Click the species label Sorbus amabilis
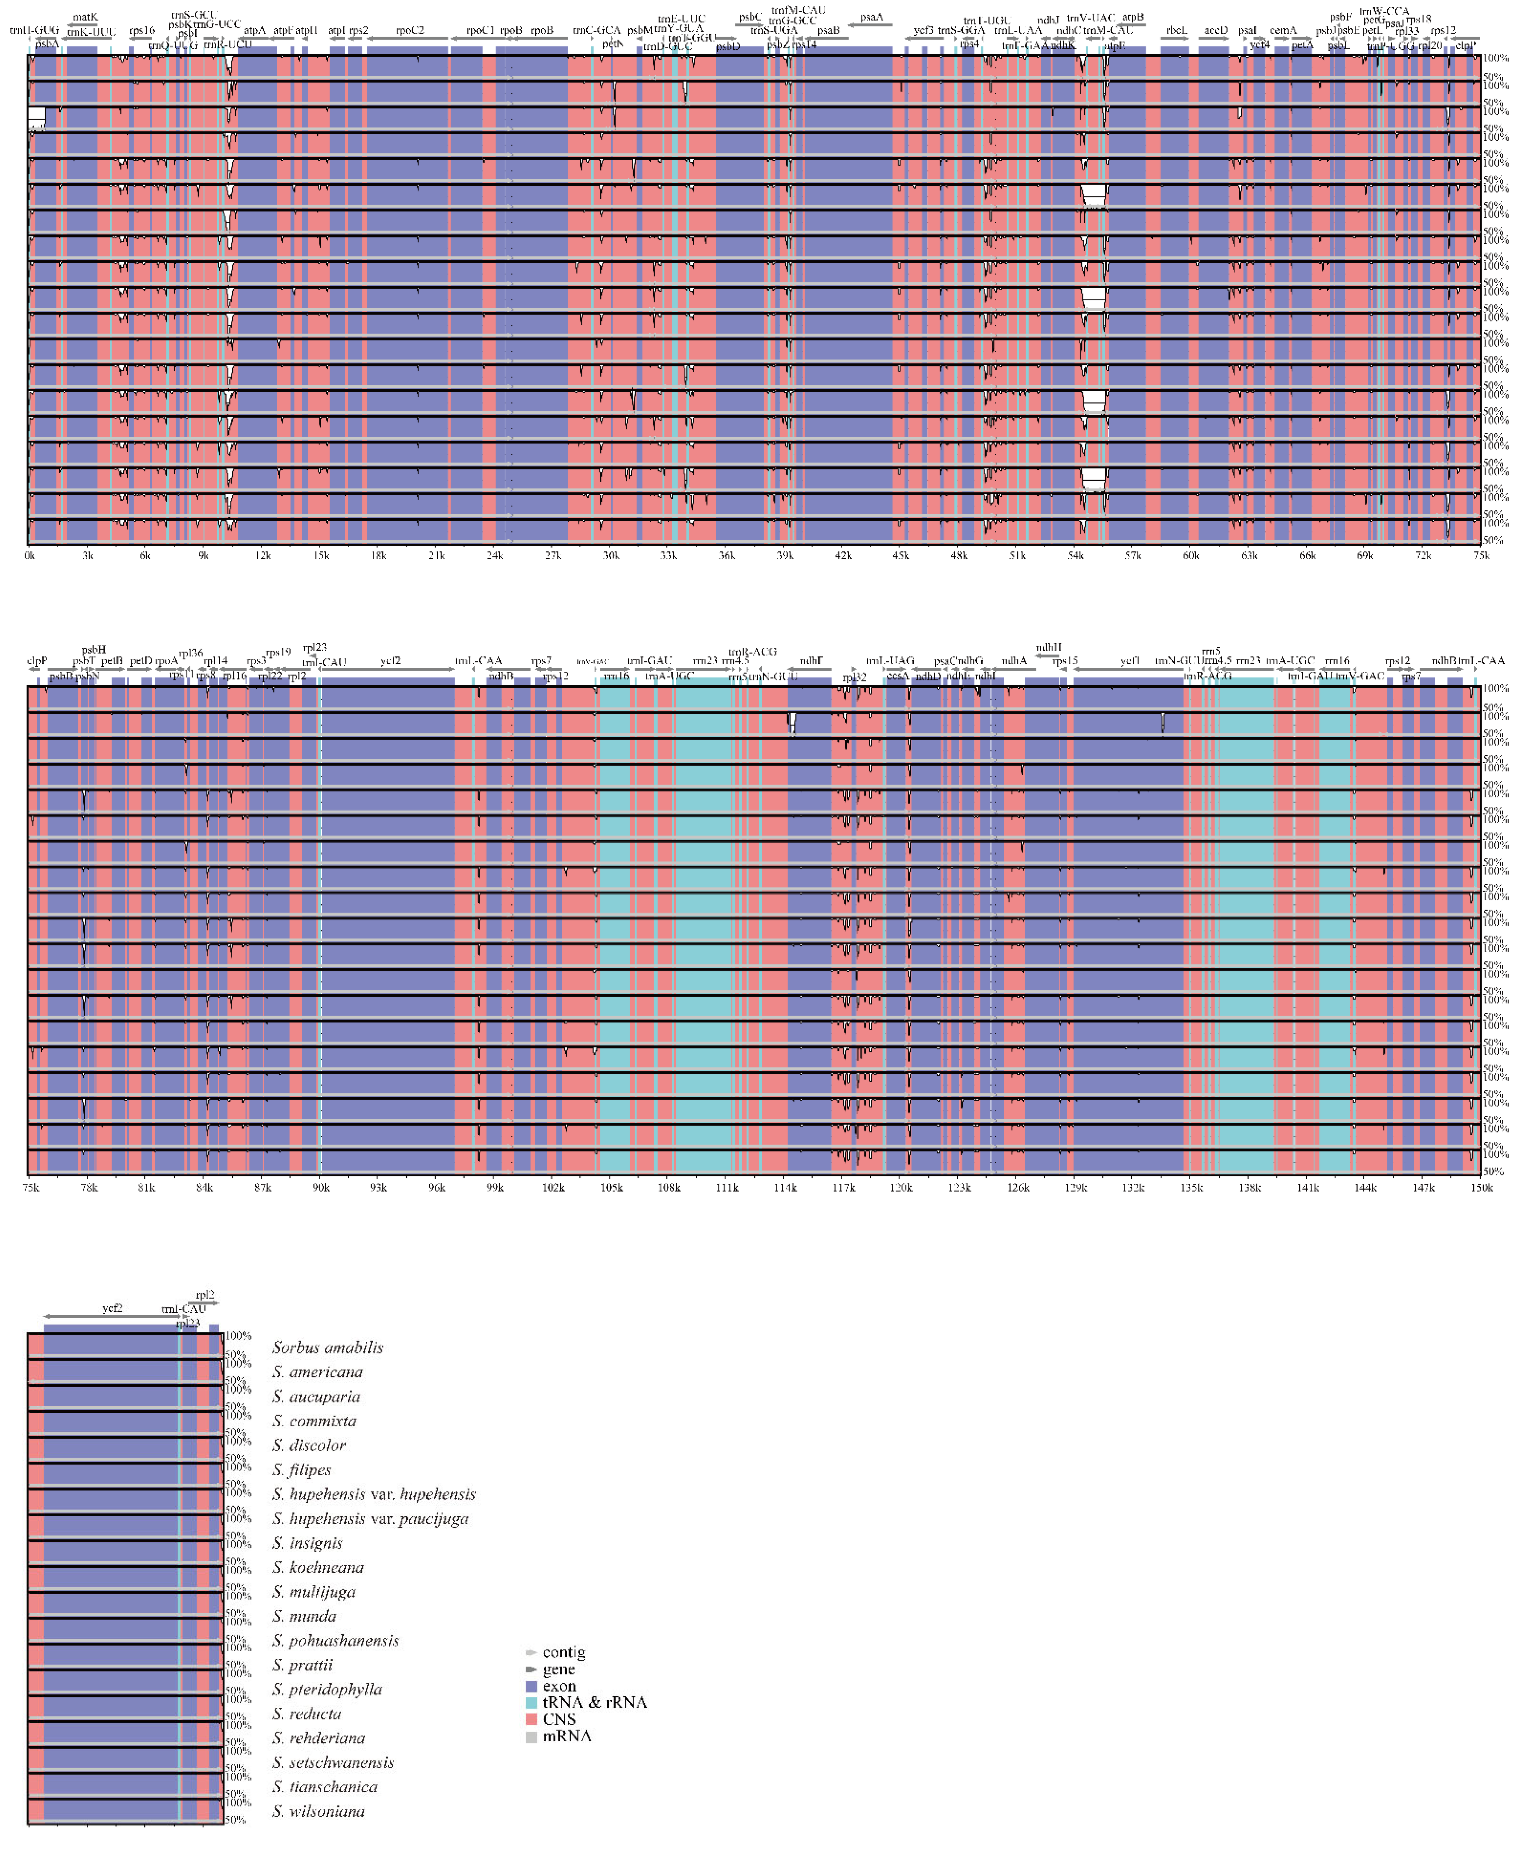tap(327, 1347)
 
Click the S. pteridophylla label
tap(327, 1689)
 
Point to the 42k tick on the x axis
tap(844, 556)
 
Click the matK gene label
tap(86, 17)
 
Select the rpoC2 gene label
tap(410, 30)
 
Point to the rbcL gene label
tap(1176, 30)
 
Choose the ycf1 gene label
tap(1130, 661)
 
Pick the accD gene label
tap(1216, 30)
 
